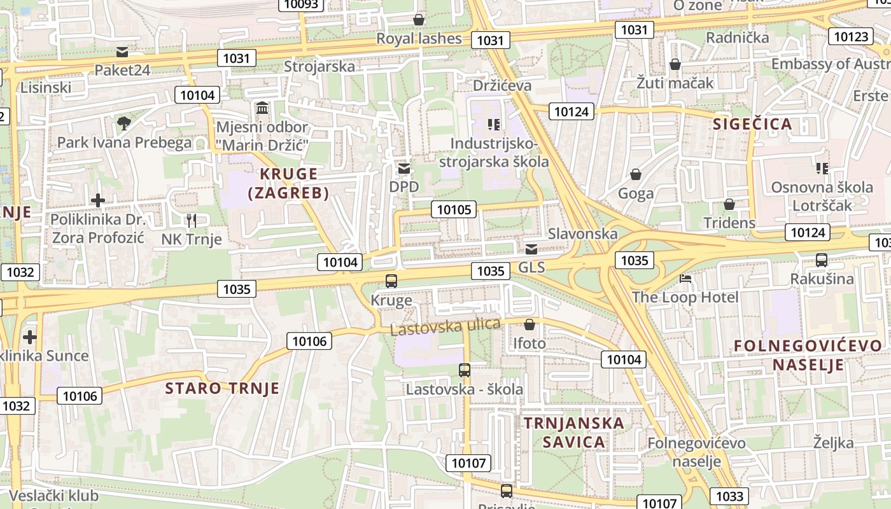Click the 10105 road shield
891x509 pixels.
tap(454, 209)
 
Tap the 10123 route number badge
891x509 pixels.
tap(850, 36)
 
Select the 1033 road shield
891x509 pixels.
tap(729, 496)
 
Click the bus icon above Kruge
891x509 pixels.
tap(391, 281)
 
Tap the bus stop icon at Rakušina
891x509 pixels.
tap(822, 260)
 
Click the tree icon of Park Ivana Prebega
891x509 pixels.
tap(124, 123)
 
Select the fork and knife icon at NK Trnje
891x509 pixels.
tap(191, 220)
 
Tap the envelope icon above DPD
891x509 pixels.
tap(404, 169)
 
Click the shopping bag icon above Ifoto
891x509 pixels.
tap(530, 324)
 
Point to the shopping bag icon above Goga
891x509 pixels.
tap(635, 174)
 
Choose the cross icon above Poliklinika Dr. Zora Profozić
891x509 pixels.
tap(98, 201)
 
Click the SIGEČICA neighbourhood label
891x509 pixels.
tap(753, 124)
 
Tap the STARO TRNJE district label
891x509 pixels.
tap(222, 388)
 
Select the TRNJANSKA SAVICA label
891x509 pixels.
tap(565, 432)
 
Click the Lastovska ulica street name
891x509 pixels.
tap(445, 326)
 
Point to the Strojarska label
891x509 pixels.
tap(319, 66)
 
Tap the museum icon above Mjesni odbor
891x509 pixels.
tap(262, 108)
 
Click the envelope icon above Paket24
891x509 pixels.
tap(122, 52)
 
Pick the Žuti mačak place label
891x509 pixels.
tap(675, 83)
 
